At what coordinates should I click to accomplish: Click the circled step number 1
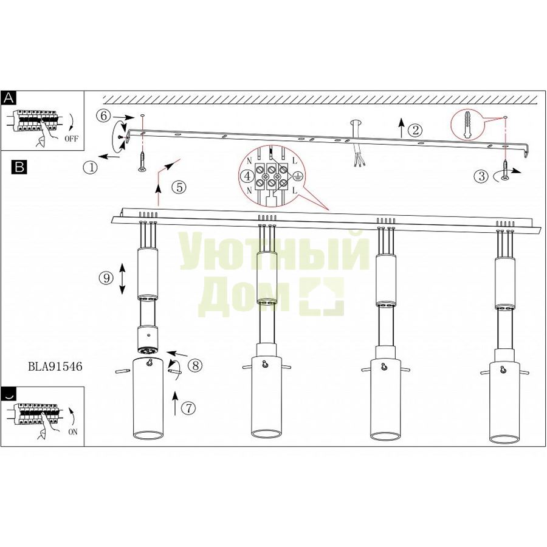coord(91,168)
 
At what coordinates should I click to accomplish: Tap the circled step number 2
coord(415,131)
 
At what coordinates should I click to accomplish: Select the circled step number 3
coord(481,176)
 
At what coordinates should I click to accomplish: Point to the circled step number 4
coord(247,176)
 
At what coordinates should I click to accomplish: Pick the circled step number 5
coord(179,187)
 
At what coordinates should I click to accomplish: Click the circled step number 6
coord(103,116)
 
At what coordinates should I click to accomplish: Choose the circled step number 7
coord(189,407)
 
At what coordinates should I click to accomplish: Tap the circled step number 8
coord(195,365)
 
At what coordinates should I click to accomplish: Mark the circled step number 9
coord(106,278)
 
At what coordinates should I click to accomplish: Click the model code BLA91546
coord(55,366)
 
